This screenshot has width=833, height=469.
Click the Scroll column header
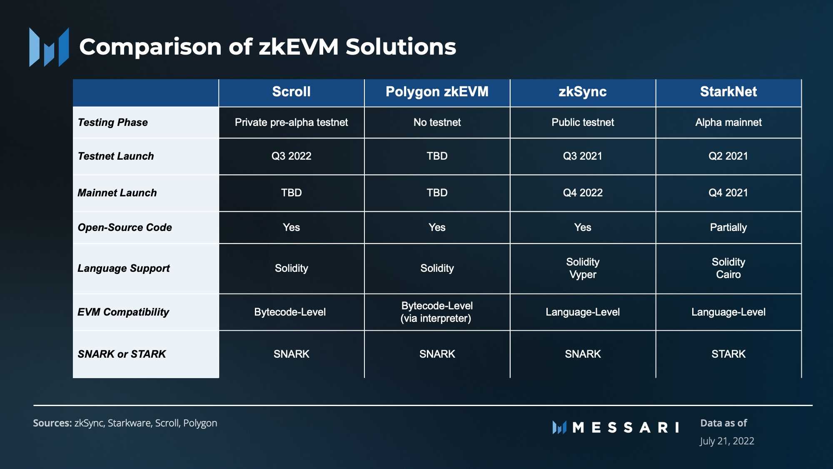(x=291, y=92)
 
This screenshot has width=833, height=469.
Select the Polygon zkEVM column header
(x=437, y=92)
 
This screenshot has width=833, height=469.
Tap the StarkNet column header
(x=728, y=92)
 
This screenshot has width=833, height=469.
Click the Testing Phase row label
(x=112, y=122)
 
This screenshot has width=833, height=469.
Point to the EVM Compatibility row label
(x=123, y=312)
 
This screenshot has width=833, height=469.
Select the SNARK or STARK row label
(x=122, y=354)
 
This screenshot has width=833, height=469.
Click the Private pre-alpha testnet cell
(x=291, y=122)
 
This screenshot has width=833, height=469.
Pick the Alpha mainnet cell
(x=728, y=122)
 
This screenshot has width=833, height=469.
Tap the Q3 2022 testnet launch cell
(x=291, y=156)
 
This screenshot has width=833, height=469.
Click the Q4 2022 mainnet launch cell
(x=583, y=193)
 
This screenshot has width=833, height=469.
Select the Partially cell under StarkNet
(x=728, y=227)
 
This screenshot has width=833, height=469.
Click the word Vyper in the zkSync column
(x=583, y=275)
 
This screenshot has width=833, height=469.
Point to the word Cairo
(x=728, y=275)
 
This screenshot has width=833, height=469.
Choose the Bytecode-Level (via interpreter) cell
(x=436, y=312)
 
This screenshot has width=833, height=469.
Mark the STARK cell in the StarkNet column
(x=728, y=354)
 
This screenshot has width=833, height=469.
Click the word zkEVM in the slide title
(x=299, y=46)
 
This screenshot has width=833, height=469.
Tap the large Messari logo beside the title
(x=49, y=47)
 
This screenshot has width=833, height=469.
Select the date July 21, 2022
(x=727, y=441)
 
